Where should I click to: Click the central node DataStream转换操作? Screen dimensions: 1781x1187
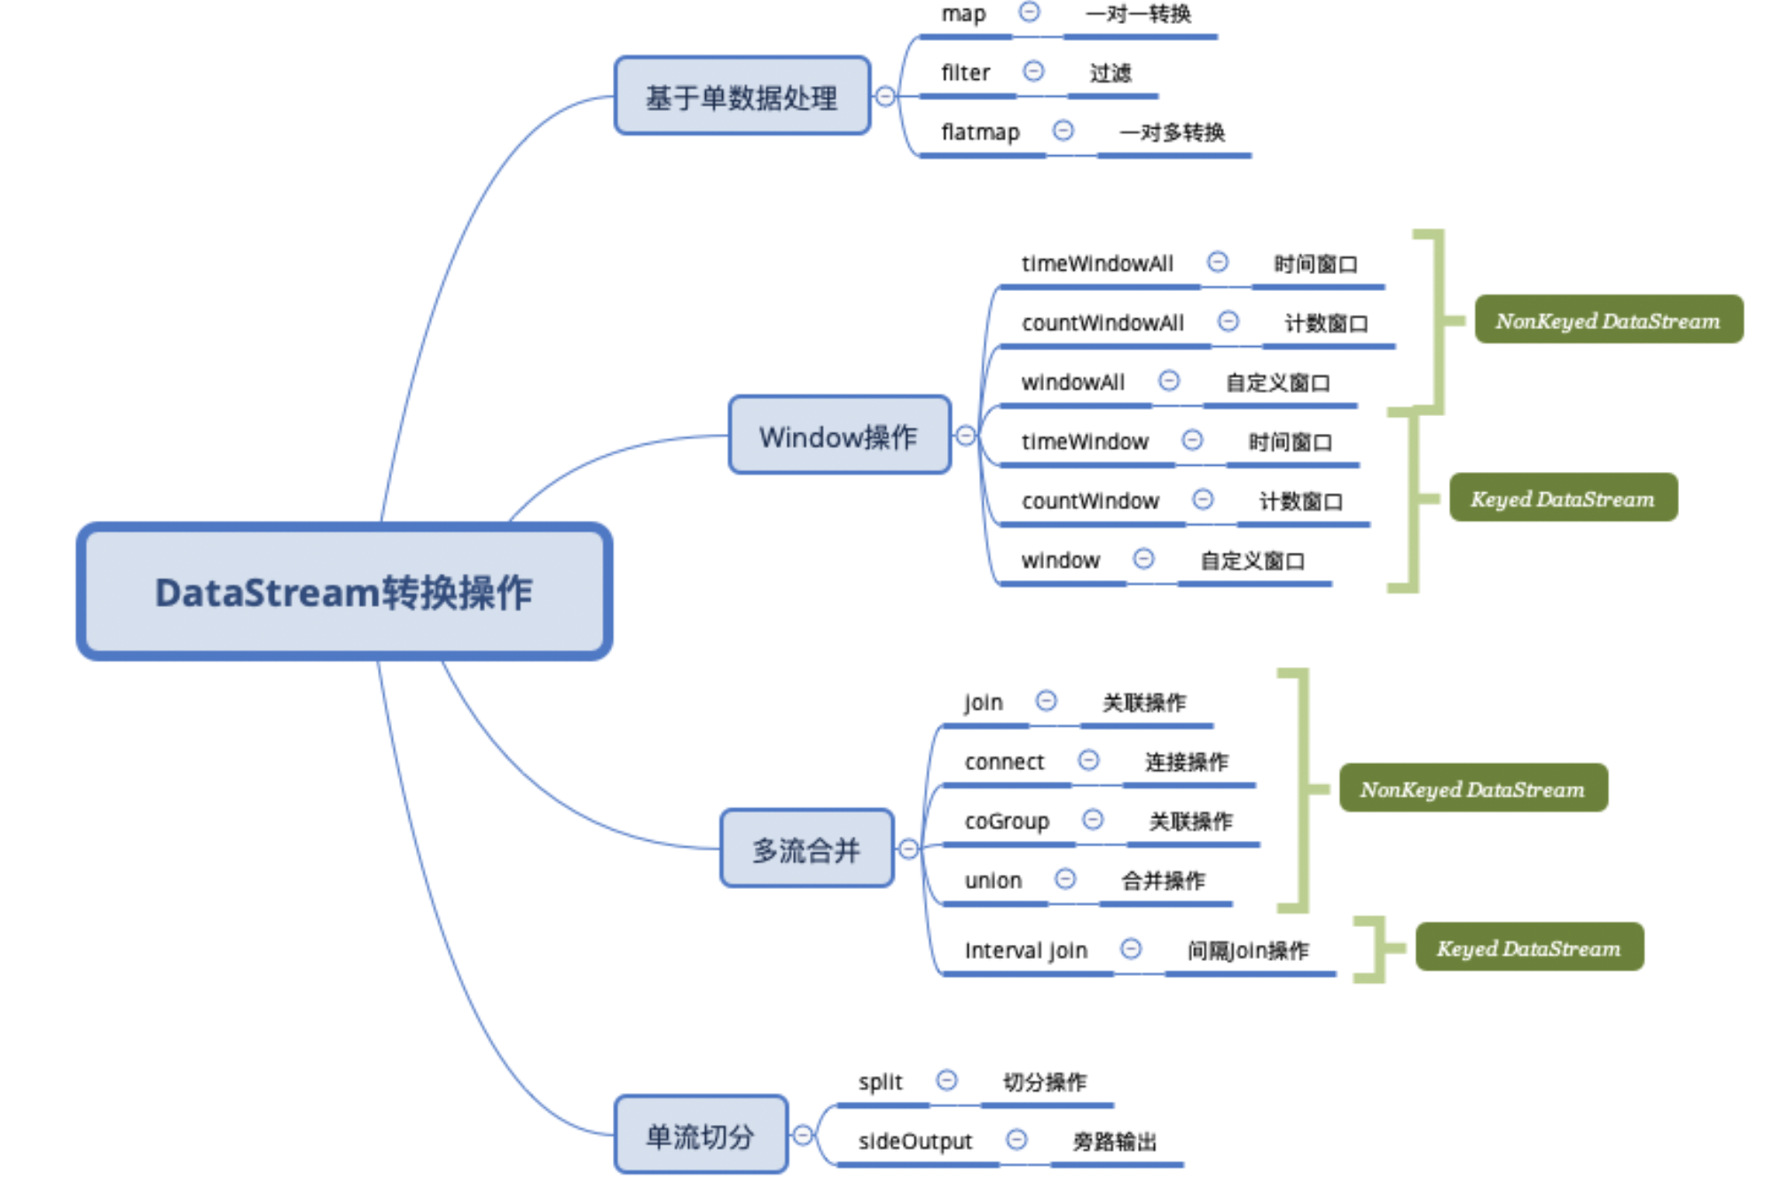(344, 592)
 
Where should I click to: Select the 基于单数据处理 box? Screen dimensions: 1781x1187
(742, 96)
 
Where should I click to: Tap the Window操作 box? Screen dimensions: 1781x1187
(839, 435)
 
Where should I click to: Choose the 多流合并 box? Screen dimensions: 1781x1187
(806, 848)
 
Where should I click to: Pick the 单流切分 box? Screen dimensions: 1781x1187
(701, 1135)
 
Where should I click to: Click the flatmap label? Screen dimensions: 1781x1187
(980, 132)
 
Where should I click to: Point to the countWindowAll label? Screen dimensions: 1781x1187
(1102, 323)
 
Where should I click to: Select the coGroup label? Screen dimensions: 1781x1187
(1007, 821)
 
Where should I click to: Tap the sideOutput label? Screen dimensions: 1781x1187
(915, 1141)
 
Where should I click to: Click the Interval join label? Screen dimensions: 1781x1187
(1025, 950)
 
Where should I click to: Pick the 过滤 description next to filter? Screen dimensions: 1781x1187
(1110, 73)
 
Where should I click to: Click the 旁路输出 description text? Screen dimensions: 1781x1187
(1115, 1141)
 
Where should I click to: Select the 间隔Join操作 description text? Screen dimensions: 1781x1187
(1248, 950)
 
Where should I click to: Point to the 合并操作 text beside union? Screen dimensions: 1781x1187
(1163, 880)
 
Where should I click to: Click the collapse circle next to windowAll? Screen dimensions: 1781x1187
(1169, 381)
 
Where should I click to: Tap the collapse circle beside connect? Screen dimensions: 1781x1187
(1088, 760)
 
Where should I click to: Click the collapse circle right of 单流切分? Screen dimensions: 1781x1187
(803, 1135)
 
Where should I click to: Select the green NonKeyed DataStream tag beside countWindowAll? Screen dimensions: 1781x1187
(1609, 319)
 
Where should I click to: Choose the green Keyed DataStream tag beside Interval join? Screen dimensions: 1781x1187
(1529, 947)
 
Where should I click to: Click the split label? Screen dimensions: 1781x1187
(880, 1082)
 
